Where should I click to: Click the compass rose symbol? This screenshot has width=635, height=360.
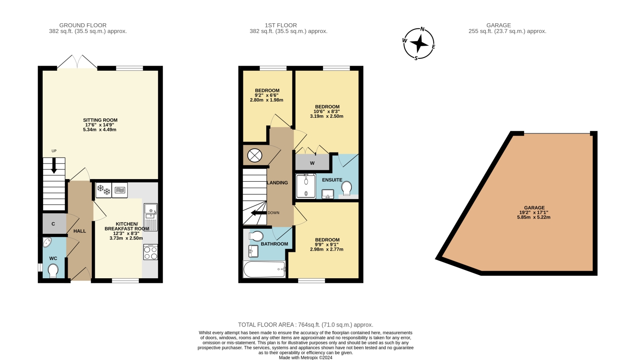tap(419, 44)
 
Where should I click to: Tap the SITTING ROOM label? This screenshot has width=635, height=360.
tap(100, 120)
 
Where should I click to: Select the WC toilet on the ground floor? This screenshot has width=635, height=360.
tap(53, 271)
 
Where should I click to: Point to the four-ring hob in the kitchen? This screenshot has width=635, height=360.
tap(151, 252)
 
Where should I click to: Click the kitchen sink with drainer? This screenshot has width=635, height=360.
tap(151, 217)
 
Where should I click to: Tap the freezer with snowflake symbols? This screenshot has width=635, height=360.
tap(103, 190)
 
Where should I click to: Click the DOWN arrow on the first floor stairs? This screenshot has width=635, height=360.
tap(259, 213)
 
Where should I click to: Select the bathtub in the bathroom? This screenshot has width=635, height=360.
tap(265, 269)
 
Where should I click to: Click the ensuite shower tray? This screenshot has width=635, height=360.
tap(306, 186)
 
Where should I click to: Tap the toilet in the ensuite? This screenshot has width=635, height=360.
tap(346, 188)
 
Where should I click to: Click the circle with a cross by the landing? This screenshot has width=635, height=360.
tap(254, 155)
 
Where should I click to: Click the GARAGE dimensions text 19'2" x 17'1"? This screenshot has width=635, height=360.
tap(534, 213)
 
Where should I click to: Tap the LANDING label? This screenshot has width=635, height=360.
tap(277, 183)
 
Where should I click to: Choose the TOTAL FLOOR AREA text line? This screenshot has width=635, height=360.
tap(306, 325)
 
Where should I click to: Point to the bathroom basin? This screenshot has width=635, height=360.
tap(254, 251)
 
